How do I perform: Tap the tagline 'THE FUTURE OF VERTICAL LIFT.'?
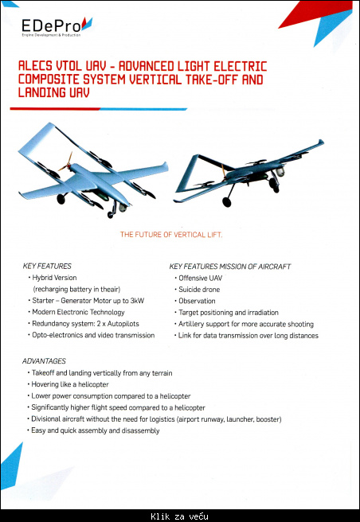click(170, 235)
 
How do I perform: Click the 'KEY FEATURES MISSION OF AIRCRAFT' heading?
click(230, 265)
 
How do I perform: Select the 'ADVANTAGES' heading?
click(45, 360)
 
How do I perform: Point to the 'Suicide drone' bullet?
click(200, 289)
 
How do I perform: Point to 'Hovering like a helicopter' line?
click(70, 384)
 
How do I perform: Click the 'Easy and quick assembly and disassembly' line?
click(96, 430)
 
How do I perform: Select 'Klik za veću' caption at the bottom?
click(180, 516)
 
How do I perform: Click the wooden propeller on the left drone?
click(67, 163)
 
